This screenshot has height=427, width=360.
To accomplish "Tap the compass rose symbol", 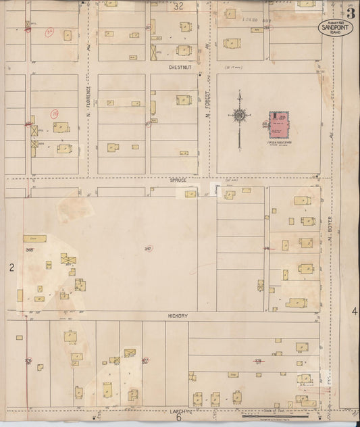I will (239, 118).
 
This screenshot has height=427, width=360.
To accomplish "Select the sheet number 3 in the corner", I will (351, 13).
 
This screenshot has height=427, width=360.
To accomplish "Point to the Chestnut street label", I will (182, 68).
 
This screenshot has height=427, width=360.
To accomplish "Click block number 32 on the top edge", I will (178, 7).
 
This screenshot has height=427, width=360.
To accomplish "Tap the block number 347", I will (147, 248).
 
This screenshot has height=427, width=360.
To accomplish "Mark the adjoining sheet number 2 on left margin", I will (11, 268).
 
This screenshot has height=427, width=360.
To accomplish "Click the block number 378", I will (257, 361).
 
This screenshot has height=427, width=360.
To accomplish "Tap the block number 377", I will (145, 361).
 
